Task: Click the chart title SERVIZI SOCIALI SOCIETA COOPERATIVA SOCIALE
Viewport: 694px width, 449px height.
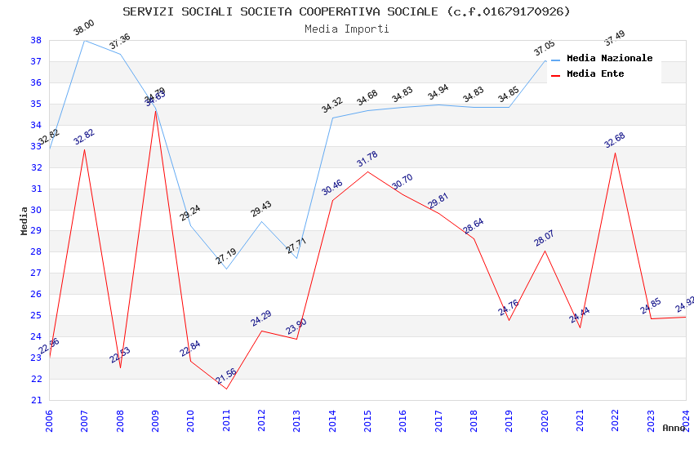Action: tap(346, 11)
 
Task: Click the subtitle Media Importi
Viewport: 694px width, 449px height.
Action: tap(346, 29)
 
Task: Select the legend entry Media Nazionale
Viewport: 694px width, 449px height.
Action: tap(609, 59)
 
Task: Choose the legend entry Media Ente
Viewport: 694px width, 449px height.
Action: tap(595, 74)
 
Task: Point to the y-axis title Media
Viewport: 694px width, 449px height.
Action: tap(24, 220)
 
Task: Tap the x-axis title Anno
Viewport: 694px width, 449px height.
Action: tap(674, 428)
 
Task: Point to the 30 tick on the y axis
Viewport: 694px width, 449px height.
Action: tap(37, 210)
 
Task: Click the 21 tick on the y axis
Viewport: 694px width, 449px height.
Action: tap(37, 400)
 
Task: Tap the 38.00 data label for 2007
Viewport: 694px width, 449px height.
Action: tap(84, 28)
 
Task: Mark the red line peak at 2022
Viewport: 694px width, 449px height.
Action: tap(615, 153)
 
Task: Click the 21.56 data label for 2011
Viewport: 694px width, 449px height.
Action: tap(226, 376)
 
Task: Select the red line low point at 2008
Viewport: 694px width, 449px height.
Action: tap(120, 367)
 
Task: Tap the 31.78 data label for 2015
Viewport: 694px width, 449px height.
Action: tap(367, 159)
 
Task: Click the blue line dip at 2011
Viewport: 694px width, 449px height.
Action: tap(226, 269)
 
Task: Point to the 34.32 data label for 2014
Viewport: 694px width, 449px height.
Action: tap(332, 105)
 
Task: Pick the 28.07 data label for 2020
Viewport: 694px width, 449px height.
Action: tap(545, 238)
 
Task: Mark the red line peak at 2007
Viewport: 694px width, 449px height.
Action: tap(84, 149)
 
